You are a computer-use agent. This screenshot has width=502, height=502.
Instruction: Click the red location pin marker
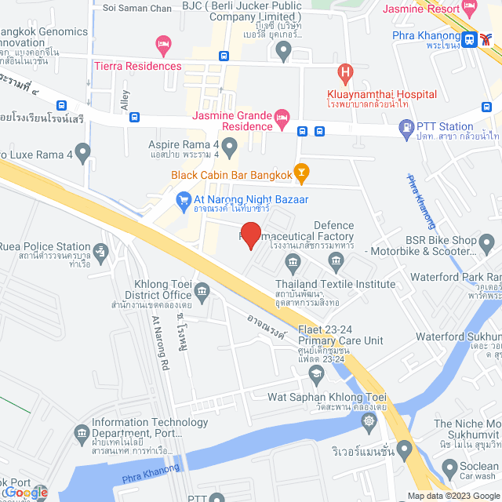pyautogui.click(x=250, y=235)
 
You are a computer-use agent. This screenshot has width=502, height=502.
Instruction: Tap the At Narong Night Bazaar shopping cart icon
pyautogui.click(x=184, y=201)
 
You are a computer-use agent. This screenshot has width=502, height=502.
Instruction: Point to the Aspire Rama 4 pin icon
pyautogui.click(x=229, y=146)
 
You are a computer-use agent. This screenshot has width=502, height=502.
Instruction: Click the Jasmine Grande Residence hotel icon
pyautogui.click(x=282, y=120)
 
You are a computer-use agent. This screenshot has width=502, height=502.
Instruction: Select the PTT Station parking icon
pyautogui.click(x=406, y=126)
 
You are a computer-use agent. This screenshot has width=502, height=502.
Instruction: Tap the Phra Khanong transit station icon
pyautogui.click(x=468, y=39)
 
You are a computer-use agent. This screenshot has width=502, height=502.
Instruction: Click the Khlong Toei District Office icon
pyautogui.click(x=202, y=293)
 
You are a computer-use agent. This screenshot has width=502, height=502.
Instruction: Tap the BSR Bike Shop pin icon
pyautogui.click(x=486, y=246)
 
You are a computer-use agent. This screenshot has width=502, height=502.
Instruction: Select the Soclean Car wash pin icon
pyautogui.click(x=449, y=470)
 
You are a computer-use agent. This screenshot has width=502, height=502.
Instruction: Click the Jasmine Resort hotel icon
pyautogui.click(x=470, y=9)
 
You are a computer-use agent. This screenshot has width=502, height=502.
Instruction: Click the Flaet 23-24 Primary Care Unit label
pyautogui.click(x=340, y=335)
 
